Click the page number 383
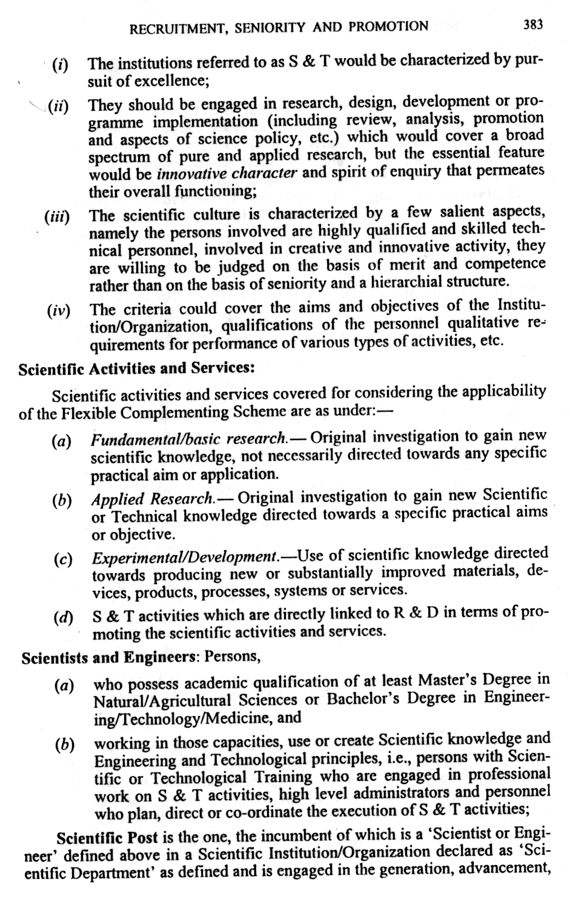[534, 24]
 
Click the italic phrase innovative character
[227, 174]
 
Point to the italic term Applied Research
[152, 499]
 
